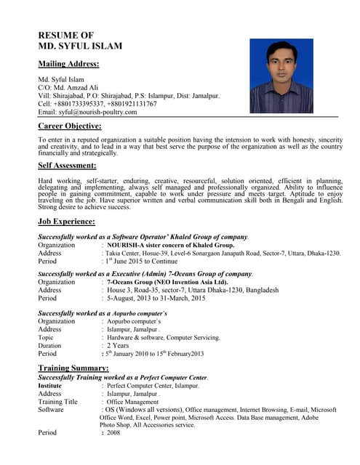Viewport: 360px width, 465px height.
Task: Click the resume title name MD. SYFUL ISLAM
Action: tap(80, 46)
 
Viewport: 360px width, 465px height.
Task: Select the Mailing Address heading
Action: tap(68, 64)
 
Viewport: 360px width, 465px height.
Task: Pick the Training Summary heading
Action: tap(73, 368)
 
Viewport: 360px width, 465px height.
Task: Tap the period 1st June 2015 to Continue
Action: tap(141, 261)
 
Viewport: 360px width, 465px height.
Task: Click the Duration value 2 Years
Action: tap(119, 346)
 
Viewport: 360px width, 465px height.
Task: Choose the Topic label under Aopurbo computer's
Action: tap(46, 337)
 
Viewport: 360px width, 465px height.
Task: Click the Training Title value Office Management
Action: tap(132, 401)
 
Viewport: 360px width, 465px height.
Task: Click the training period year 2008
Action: tap(113, 433)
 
